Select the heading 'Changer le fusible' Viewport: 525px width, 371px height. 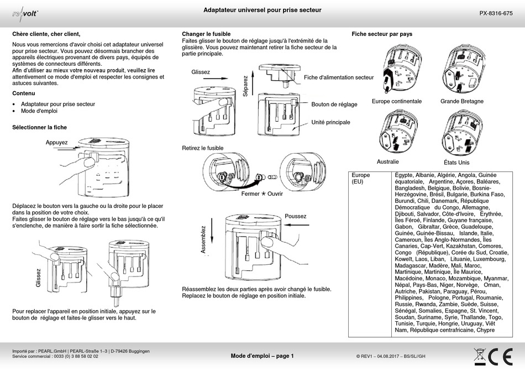click(x=206, y=34)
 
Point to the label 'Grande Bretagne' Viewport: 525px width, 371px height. click(x=463, y=102)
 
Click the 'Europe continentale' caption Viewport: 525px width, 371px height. click(x=396, y=102)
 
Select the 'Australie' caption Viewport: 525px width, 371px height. click(x=387, y=162)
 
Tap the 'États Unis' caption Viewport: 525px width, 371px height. click(x=456, y=163)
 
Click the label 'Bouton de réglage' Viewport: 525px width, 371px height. click(x=334, y=104)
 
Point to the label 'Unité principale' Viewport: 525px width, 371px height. click(x=330, y=122)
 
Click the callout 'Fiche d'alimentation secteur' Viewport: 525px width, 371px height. click(x=338, y=77)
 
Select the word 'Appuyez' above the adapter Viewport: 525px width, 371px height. click(x=56, y=143)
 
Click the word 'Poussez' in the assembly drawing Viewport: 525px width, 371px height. click(x=295, y=216)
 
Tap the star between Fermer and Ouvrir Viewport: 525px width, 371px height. click(x=263, y=194)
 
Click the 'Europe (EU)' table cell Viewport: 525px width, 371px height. click(x=361, y=178)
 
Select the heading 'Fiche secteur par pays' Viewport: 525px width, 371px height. click(x=382, y=34)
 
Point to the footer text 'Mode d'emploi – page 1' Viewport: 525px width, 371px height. click(x=262, y=356)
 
